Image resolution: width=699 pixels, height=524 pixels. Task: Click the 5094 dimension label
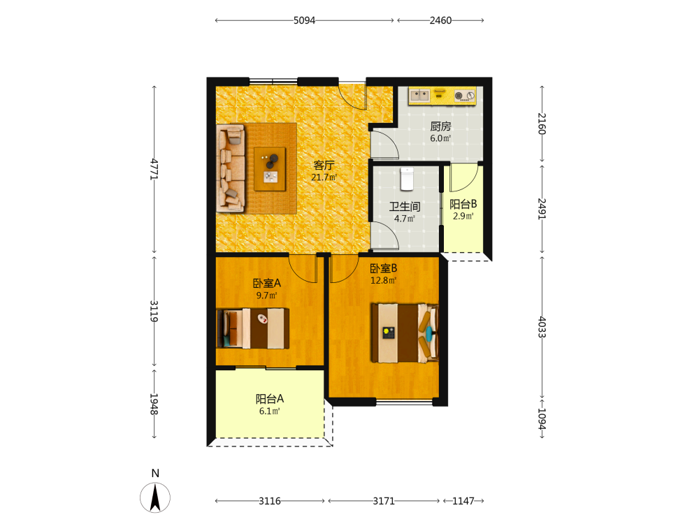coord(304,20)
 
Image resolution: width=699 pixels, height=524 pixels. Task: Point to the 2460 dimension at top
coord(440,20)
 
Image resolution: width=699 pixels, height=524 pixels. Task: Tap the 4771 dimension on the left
coord(154,169)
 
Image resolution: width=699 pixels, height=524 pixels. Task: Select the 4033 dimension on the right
coord(542,327)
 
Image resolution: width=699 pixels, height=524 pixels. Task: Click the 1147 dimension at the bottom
coord(463,501)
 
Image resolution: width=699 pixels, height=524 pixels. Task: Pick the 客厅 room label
coord(324,166)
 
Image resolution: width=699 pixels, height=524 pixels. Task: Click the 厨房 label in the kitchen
coord(440,126)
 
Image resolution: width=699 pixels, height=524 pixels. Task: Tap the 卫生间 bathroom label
coord(405,207)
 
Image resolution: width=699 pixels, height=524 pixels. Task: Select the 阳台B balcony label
coord(463,204)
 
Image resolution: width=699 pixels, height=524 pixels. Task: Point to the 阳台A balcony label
coord(270,399)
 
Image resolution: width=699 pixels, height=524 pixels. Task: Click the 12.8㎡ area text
coord(383,281)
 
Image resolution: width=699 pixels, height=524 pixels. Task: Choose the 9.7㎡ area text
coord(266,296)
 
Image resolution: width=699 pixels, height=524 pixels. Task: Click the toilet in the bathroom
coord(407,179)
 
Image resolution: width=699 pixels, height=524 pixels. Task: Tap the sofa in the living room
coord(231,168)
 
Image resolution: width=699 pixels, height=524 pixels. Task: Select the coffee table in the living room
coord(270,169)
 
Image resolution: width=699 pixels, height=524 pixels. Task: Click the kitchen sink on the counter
coord(419,95)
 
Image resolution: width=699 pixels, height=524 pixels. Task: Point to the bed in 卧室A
coord(253,328)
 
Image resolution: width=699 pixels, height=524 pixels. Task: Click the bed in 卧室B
coord(405,333)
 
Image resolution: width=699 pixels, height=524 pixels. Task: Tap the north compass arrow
coord(155,497)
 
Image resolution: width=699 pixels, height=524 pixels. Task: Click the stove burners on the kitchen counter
coord(465,96)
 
